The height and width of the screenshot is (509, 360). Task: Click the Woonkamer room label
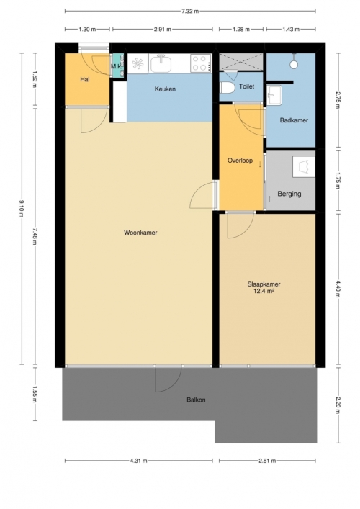click(140, 233)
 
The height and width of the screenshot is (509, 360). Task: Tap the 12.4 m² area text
click(264, 291)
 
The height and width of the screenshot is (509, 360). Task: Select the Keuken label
click(165, 89)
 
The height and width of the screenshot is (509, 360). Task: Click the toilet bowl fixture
click(228, 88)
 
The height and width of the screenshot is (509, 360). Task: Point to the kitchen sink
click(161, 63)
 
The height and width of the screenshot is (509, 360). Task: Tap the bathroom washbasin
click(274, 95)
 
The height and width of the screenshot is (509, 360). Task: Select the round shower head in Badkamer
click(294, 64)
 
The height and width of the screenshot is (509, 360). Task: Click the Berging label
click(289, 194)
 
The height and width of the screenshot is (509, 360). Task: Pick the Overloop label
click(240, 161)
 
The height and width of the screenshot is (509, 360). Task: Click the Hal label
click(85, 79)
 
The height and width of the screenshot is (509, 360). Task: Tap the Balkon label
click(196, 400)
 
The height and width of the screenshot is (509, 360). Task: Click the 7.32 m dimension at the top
click(190, 11)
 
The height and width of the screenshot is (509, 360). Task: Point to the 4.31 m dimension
click(139, 460)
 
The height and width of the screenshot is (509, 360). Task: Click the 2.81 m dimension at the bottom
click(267, 460)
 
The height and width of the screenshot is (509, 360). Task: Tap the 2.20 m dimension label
click(338, 405)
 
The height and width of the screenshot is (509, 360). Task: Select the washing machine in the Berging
click(304, 167)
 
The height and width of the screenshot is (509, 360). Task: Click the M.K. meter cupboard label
click(117, 66)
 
